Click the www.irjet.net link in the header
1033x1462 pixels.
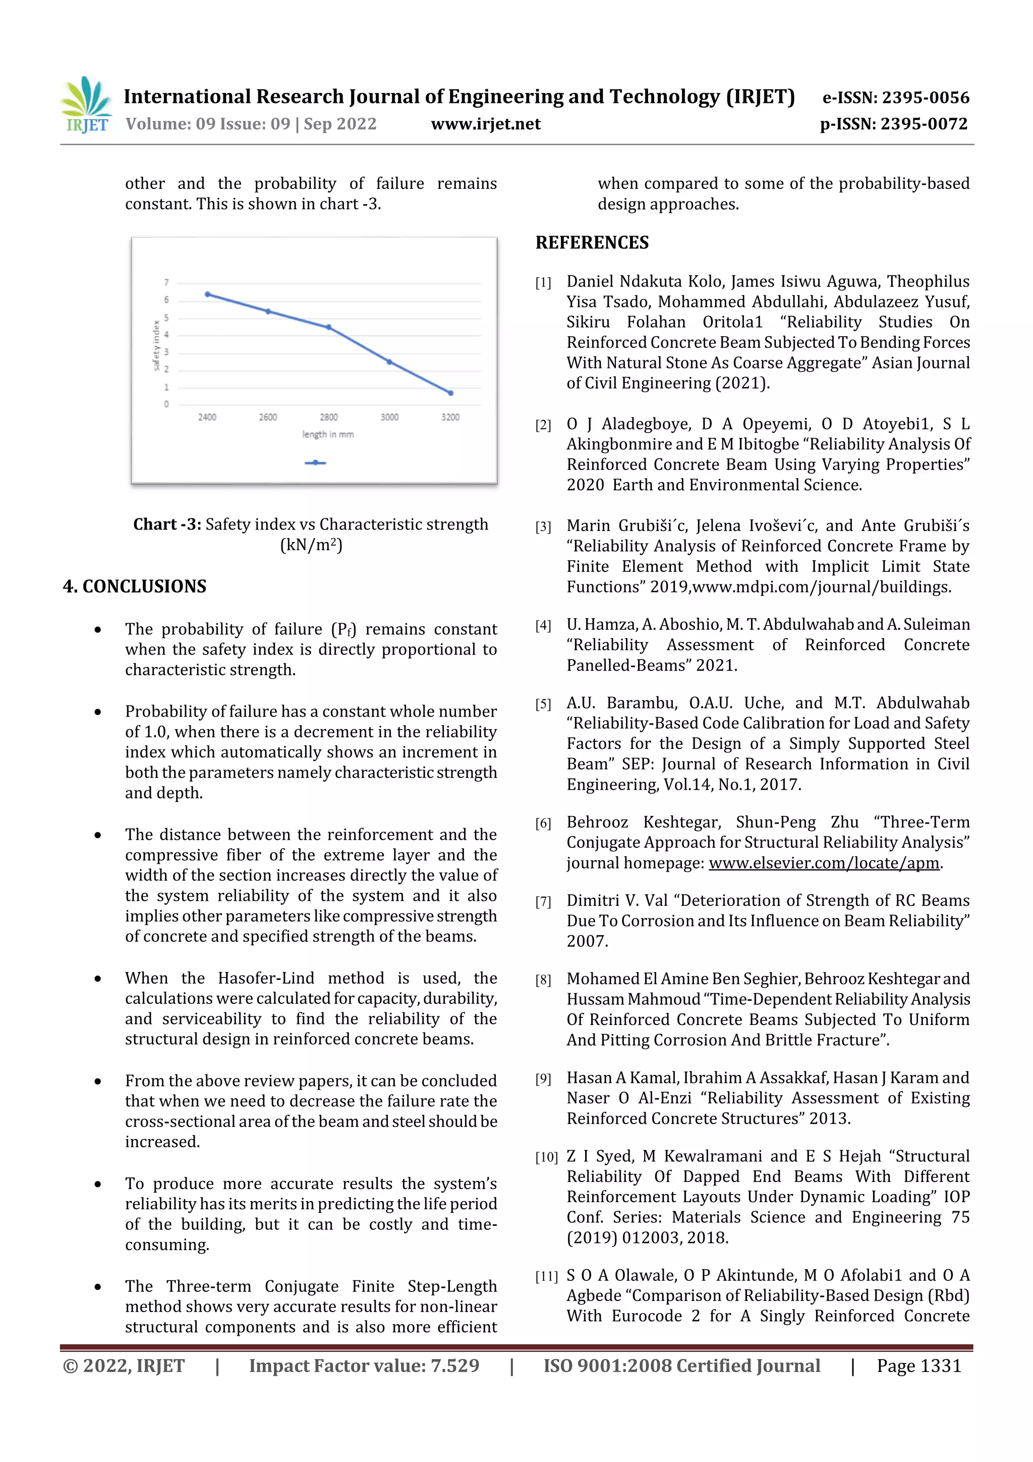tap(485, 124)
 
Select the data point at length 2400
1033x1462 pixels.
tap(207, 294)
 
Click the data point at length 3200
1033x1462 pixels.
tap(450, 393)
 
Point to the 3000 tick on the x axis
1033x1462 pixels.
tap(389, 417)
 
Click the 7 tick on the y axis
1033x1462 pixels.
tap(167, 282)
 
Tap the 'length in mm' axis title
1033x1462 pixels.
tap(328, 435)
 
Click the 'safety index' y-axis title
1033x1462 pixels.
tap(156, 345)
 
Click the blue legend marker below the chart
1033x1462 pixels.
tap(315, 463)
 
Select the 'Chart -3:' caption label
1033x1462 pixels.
tap(167, 524)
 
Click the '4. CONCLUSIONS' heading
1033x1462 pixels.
tap(135, 586)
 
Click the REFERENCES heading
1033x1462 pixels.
tap(592, 243)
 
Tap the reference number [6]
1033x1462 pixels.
tap(543, 823)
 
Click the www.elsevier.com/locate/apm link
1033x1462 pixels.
tap(824, 863)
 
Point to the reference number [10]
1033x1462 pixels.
tap(545, 1157)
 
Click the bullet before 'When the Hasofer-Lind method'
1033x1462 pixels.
tap(97, 979)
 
